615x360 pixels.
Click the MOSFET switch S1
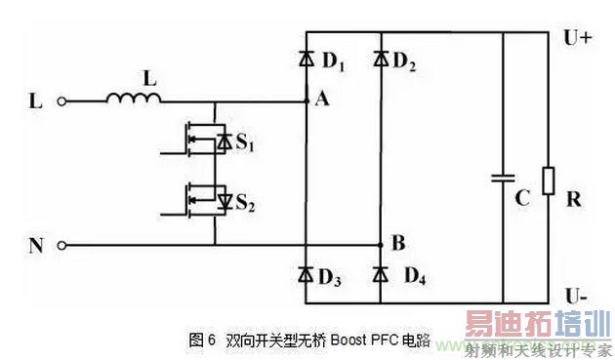204,142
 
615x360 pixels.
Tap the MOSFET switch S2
204,200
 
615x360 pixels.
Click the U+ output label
578,39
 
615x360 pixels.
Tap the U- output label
576,292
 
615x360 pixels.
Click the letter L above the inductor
147,75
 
